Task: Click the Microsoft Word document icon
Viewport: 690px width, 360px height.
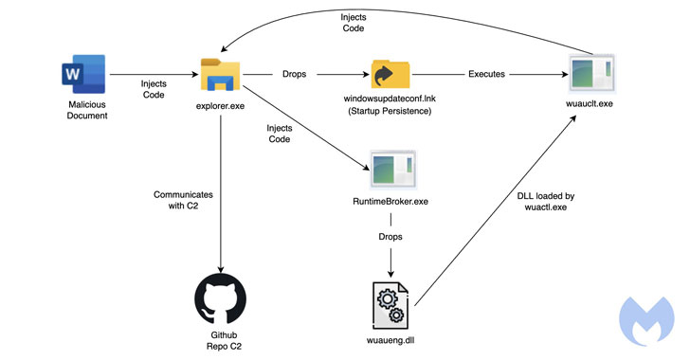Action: coord(83,74)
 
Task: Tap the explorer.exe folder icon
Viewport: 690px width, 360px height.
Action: coord(220,75)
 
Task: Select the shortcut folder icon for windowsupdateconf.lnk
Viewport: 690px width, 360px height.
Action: coord(390,74)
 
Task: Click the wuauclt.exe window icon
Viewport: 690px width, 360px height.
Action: coord(591,74)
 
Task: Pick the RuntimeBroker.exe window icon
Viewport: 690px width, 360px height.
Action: coord(392,170)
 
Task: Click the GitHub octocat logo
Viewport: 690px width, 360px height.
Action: coord(221,299)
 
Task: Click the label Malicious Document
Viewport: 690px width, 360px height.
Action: coord(87,110)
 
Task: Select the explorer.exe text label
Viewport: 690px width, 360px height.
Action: coord(220,106)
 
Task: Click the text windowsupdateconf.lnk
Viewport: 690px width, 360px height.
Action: coord(390,99)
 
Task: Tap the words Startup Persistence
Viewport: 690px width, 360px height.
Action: coord(390,111)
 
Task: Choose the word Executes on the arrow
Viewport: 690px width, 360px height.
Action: coord(486,74)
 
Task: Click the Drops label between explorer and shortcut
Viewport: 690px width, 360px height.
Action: coord(294,74)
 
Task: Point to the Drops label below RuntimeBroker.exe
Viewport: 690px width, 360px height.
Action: coord(390,237)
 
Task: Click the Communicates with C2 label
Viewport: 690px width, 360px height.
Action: coord(183,200)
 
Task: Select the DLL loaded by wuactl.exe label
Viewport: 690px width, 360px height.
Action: coord(546,202)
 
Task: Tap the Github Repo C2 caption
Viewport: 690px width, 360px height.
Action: coord(224,341)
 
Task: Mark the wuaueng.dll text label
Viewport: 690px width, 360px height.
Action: coord(390,340)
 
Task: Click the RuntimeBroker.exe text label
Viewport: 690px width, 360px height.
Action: coord(390,202)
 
